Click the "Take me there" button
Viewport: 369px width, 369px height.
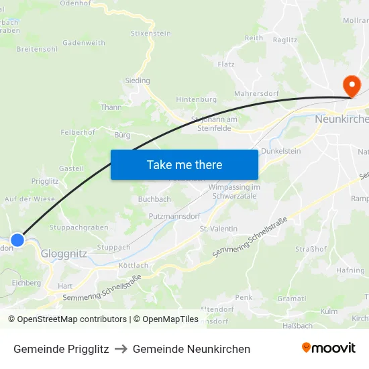[184, 164]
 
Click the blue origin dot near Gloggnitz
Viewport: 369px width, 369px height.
[17, 240]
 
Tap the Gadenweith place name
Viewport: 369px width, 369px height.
[83, 43]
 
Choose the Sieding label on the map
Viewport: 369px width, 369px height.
[138, 81]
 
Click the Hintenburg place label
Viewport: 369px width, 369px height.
[197, 99]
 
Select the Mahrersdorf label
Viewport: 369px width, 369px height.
[256, 94]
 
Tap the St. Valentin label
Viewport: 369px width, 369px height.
[218, 229]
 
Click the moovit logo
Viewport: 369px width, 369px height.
[329, 348]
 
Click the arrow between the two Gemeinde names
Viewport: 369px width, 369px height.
[121, 349]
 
